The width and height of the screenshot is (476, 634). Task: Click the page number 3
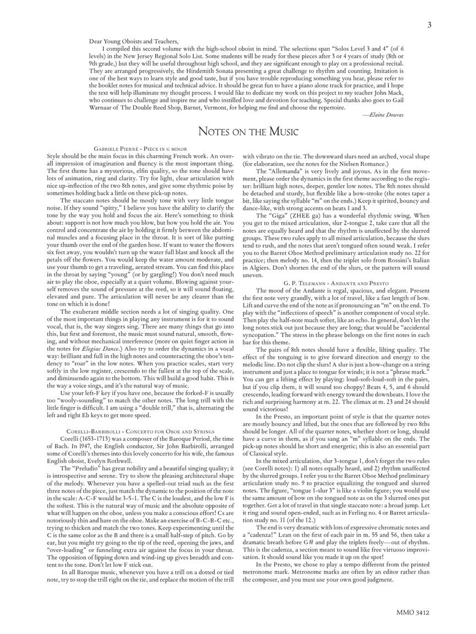[429, 24]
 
